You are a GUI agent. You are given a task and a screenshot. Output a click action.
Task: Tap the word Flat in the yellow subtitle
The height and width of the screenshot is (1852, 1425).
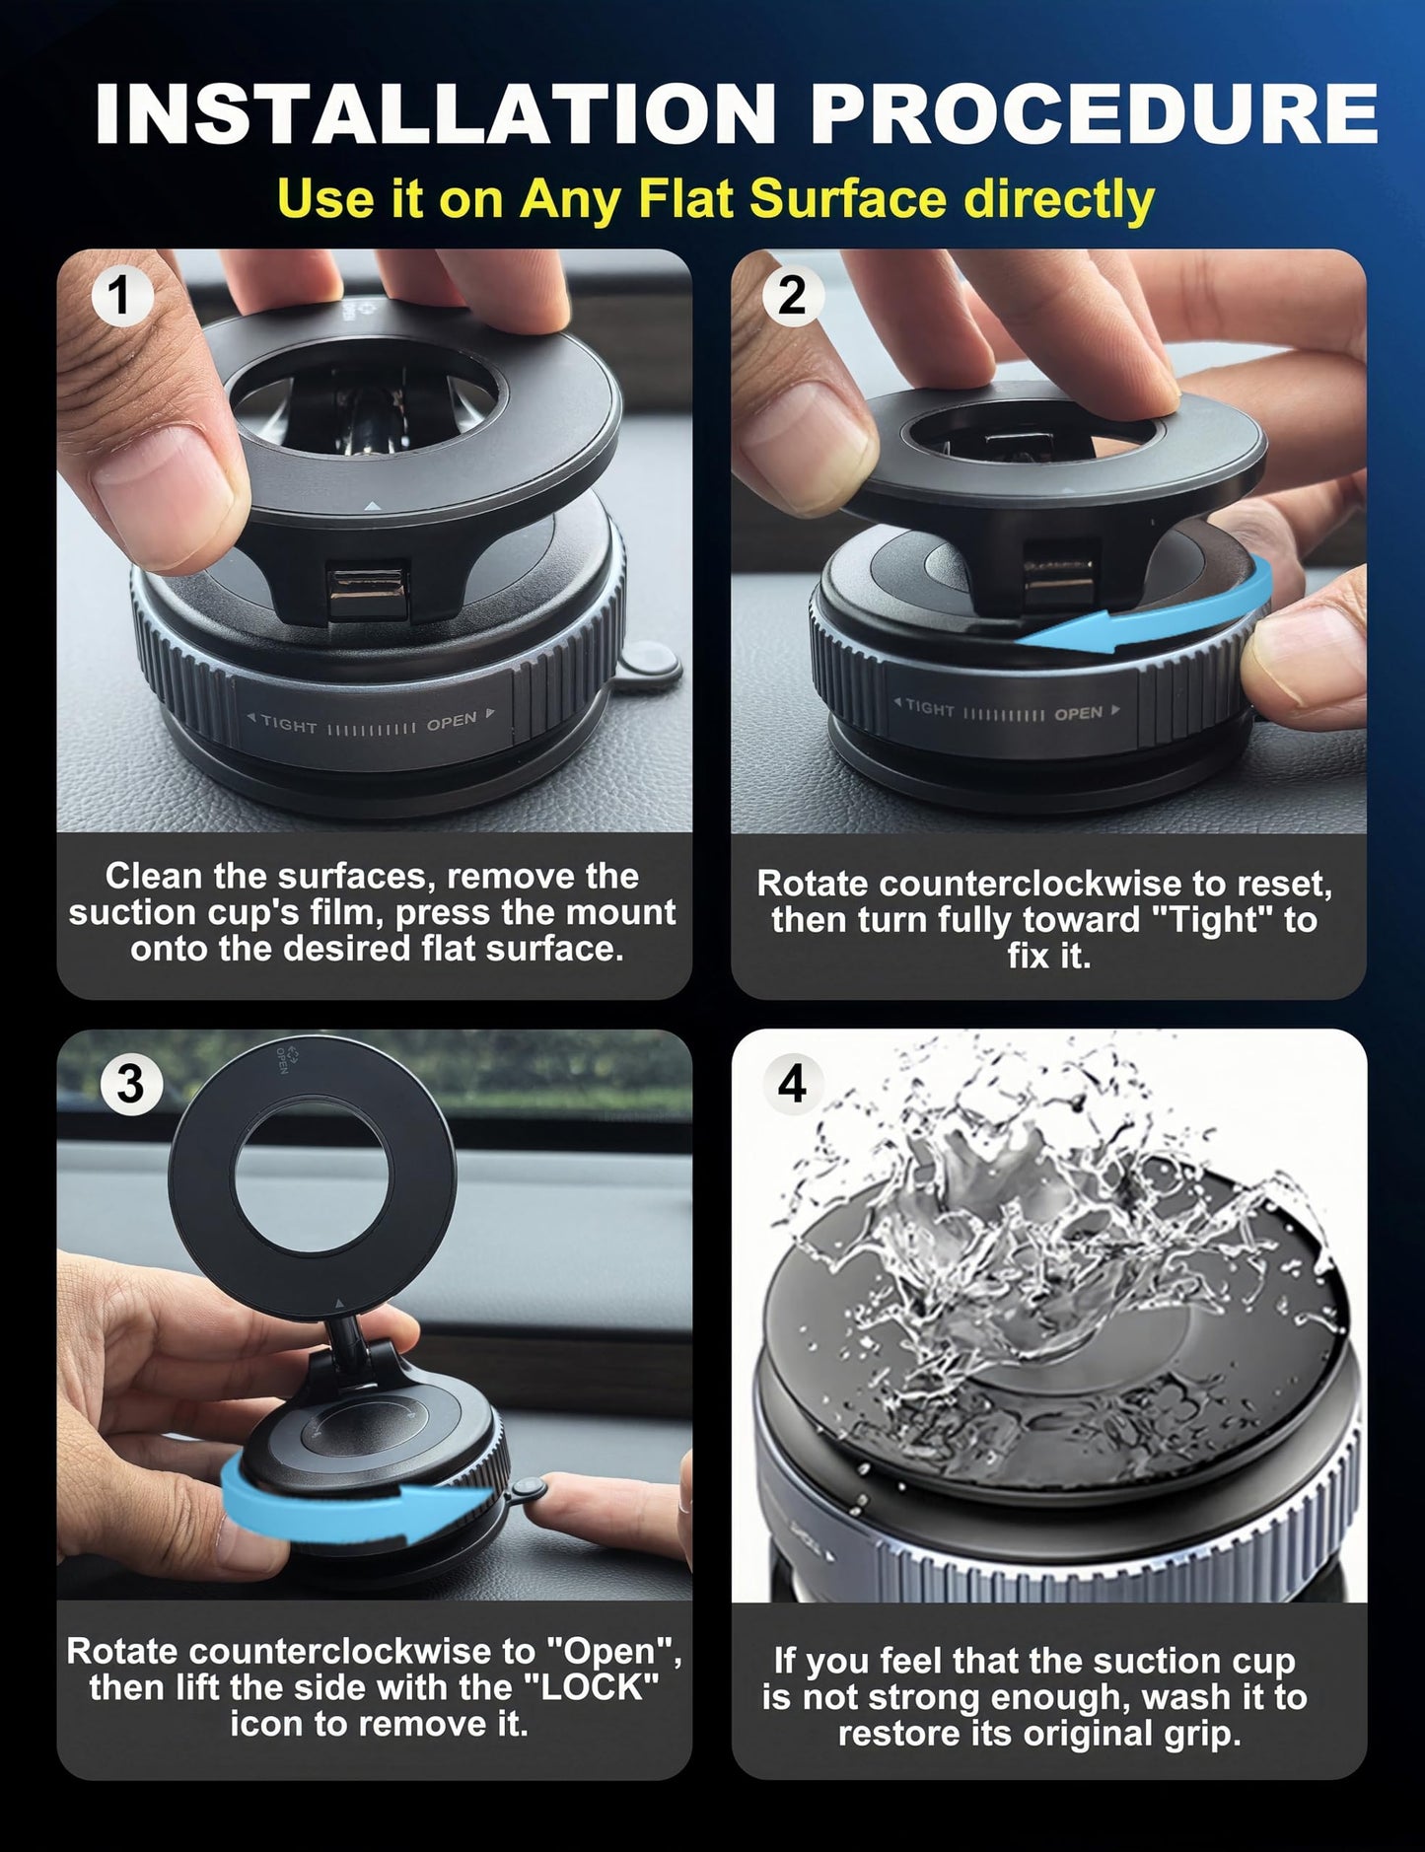click(x=689, y=198)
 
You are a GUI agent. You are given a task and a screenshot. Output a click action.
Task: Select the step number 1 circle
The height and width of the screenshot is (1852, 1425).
click(x=121, y=296)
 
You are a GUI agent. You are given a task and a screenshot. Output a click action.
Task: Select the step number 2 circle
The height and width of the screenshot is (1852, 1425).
click(x=792, y=296)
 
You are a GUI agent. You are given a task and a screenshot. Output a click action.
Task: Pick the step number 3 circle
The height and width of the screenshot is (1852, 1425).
click(x=130, y=1084)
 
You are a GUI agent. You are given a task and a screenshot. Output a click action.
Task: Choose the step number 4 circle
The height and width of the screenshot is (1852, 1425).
click(x=792, y=1084)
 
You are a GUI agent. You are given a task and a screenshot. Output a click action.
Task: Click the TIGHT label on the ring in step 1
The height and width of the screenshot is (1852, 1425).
click(x=288, y=725)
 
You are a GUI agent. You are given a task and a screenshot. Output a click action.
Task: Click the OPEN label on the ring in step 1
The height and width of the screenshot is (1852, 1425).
click(x=452, y=722)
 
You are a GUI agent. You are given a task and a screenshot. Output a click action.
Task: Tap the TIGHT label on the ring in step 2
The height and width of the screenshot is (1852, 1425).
click(x=929, y=707)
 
